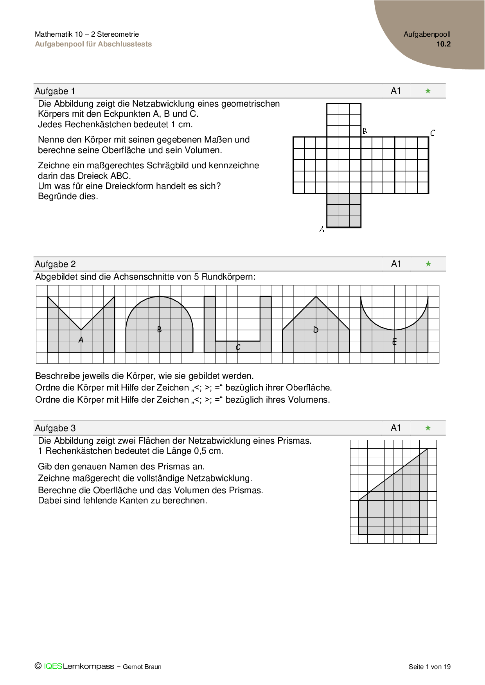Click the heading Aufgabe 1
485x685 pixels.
tap(55, 91)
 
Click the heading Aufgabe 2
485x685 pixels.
tap(55, 264)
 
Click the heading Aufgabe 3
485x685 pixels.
tap(55, 428)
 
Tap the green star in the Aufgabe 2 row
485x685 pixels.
tap(428, 264)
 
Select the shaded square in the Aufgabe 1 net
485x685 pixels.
tap(344, 210)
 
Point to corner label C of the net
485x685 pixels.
tap(433, 133)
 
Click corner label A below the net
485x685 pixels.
tap(322, 229)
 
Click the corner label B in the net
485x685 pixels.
tap(365, 131)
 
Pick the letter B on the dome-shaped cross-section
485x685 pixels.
tap(159, 330)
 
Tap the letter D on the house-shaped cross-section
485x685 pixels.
tap(316, 330)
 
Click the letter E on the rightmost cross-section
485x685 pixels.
tap(394, 342)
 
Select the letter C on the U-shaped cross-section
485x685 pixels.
tap(238, 347)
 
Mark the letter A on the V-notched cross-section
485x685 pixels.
tap(81, 340)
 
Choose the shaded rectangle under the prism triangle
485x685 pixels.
tap(393, 517)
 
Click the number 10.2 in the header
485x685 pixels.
tap(444, 44)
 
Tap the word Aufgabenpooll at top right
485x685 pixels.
tap(427, 34)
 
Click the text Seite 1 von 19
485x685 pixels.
tap(429, 667)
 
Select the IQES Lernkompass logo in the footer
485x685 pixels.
tap(74, 666)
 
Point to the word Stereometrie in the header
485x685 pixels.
tap(118, 34)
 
